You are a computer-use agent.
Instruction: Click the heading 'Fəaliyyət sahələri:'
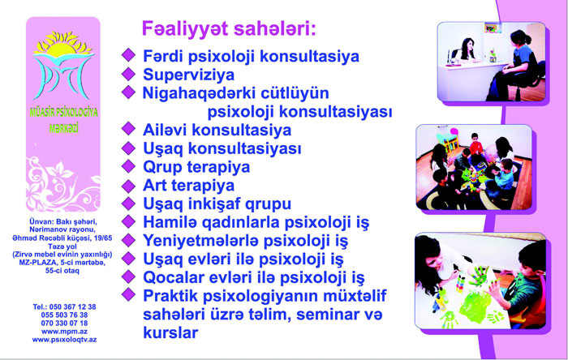click(x=229, y=29)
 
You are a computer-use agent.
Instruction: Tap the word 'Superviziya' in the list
click(x=189, y=75)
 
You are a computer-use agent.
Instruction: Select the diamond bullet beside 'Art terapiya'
click(x=128, y=186)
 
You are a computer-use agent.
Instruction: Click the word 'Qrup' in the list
click(x=161, y=168)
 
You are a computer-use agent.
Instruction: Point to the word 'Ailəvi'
click(x=165, y=130)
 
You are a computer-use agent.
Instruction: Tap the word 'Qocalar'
click(x=168, y=277)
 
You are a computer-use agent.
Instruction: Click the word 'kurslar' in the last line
click(x=170, y=332)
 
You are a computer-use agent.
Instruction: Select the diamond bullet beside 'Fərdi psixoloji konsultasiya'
click(x=128, y=55)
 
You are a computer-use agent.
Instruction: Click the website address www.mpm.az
click(x=64, y=332)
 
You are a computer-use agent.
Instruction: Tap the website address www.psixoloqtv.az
click(x=64, y=340)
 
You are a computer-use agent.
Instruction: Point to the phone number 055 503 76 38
click(x=64, y=315)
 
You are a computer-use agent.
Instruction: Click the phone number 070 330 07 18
click(x=64, y=323)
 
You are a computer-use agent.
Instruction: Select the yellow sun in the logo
click(x=62, y=45)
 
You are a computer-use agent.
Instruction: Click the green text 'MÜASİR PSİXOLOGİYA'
click(x=64, y=113)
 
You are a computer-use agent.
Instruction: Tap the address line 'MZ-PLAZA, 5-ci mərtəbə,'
click(x=62, y=263)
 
